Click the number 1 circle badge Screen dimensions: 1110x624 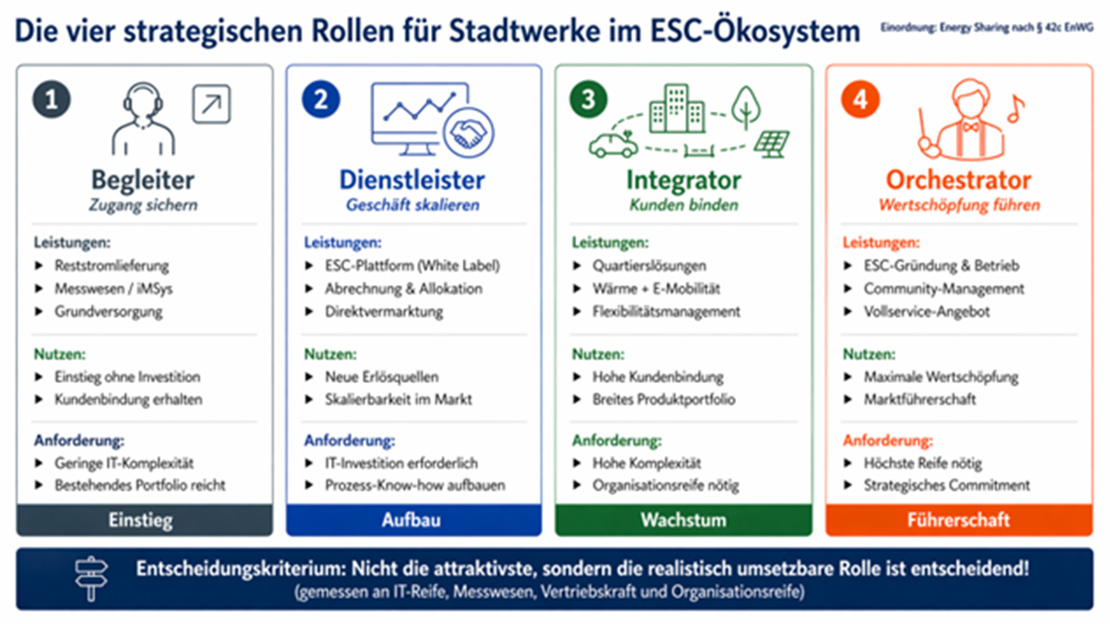pos(51,99)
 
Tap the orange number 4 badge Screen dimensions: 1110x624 pos(860,99)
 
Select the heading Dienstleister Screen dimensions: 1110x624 pos(412,179)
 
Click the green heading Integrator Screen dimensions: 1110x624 pos(683,179)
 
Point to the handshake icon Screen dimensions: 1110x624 pos(468,133)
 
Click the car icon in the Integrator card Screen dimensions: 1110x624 pos(613,145)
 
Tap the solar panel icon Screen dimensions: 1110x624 pos(772,144)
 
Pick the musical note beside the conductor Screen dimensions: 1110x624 pos(1015,109)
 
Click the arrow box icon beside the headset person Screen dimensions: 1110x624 pos(212,104)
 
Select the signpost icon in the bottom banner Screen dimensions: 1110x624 pos(91,578)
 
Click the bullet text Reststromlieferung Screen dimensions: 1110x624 pos(112,266)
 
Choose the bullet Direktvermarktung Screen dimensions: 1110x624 pos(384,311)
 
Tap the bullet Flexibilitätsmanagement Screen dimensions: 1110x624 pos(667,311)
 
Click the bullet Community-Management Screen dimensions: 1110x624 pos(944,289)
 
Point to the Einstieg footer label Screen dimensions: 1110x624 pos(140,520)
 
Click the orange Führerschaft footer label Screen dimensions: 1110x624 pos(958,520)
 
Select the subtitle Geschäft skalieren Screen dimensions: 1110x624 pos(412,205)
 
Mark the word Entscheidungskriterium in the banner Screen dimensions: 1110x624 pos(241,569)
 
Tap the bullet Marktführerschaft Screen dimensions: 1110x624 pos(920,400)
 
